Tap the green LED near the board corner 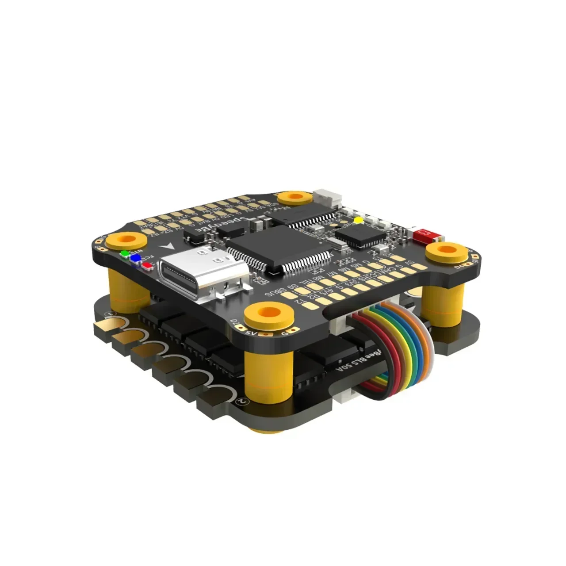(125, 254)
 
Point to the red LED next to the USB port (145, 265)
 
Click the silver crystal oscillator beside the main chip (339, 242)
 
